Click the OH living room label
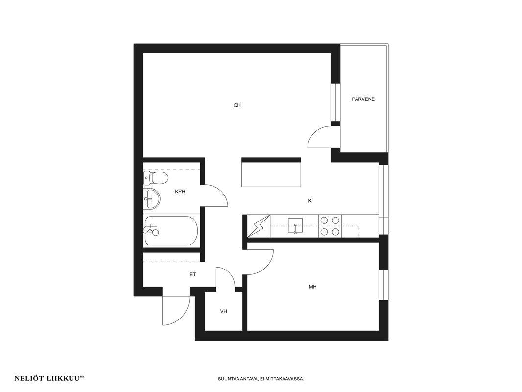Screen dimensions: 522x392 [x=237, y=105]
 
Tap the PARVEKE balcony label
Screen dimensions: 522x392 [x=363, y=99]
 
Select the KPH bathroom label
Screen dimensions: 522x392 [x=180, y=192]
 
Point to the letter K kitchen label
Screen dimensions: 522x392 [x=310, y=201]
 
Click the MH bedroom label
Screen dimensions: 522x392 [x=312, y=287]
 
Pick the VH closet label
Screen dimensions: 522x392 [x=224, y=312]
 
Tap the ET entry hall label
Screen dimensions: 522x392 [x=193, y=275]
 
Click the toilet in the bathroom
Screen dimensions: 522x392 [x=155, y=178]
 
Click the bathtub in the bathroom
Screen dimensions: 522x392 [x=171, y=231]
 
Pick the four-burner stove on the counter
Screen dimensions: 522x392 [x=330, y=226]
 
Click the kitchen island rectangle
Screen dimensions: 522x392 [x=271, y=172]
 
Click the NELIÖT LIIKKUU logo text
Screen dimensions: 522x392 [x=48, y=378]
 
